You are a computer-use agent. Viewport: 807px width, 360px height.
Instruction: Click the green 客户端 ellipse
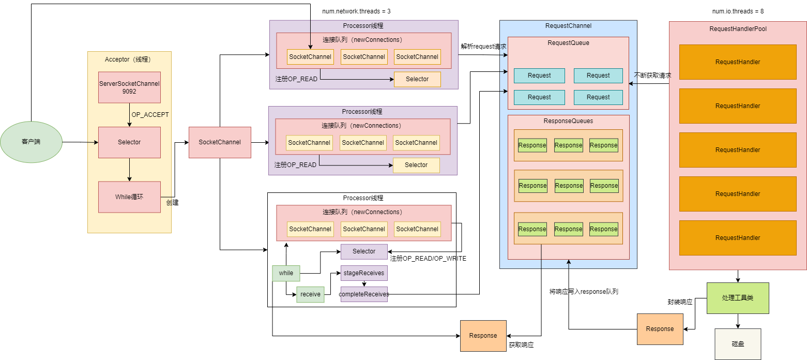coord(31,142)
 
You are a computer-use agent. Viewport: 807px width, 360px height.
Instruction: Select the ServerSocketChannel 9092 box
coord(129,87)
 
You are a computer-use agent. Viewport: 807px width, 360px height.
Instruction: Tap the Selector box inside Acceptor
coord(129,142)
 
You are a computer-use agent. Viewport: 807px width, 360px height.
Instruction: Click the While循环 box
coord(129,197)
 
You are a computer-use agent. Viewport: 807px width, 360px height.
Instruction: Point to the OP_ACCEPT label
coord(150,115)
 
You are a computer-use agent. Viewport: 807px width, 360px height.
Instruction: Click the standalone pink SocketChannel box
coord(220,142)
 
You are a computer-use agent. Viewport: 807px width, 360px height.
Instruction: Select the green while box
coord(286,273)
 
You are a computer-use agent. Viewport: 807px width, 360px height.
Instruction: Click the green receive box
coord(310,294)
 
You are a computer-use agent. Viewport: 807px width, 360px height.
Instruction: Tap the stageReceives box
coord(364,273)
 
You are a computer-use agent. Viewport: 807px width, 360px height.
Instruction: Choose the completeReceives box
coord(364,294)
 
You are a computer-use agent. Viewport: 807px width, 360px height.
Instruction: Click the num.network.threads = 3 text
coord(353,11)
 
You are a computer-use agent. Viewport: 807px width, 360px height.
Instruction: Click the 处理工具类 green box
coord(738,298)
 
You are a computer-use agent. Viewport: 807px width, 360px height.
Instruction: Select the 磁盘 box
coord(738,344)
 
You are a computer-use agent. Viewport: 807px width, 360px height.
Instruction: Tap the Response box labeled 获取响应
coord(483,336)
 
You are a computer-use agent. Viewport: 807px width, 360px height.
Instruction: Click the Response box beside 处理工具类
coord(660,329)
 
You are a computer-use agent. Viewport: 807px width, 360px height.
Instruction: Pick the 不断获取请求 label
coord(652,76)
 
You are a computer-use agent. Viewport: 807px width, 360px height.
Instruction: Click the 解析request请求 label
coord(483,47)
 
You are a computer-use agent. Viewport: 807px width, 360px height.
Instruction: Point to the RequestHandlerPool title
coord(738,29)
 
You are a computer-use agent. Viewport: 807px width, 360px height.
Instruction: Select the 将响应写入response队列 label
coord(584,292)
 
